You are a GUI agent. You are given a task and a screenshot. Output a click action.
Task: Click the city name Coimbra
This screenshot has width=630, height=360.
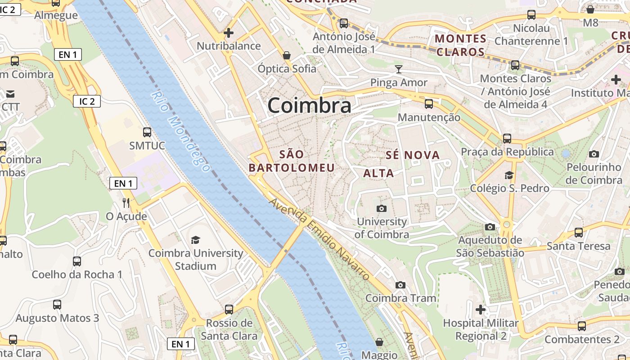point(309,106)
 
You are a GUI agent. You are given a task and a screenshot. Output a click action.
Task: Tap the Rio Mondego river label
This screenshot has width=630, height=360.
point(180,131)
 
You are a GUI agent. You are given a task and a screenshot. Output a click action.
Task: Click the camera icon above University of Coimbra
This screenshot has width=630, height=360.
point(382,208)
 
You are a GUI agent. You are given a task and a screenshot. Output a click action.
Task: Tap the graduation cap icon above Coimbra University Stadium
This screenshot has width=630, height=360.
point(195,240)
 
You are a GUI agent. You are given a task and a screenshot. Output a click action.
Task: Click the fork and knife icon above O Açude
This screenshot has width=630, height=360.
point(126,203)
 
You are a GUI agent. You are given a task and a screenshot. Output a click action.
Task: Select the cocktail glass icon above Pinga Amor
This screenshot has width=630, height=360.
point(399,69)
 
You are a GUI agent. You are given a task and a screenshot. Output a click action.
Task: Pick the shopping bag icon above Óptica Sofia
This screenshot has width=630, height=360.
point(287,55)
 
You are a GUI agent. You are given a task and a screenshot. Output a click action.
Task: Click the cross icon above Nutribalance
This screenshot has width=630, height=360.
point(229,32)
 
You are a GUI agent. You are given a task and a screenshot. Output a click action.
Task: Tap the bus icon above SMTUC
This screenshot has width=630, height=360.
point(147,132)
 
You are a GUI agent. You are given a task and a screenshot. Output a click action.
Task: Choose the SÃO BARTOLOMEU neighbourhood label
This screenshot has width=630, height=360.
point(292,161)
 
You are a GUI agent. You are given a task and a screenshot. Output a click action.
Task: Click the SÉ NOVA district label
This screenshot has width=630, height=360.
point(413,155)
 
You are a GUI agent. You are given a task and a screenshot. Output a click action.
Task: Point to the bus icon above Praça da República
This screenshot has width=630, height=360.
point(507,138)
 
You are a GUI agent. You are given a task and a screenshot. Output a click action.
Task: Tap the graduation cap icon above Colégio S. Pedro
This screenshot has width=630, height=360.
point(509,175)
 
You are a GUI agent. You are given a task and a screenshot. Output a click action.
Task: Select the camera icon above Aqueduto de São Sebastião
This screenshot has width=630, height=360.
point(490,227)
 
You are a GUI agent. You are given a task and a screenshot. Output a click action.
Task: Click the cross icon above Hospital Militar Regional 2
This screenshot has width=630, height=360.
point(481,310)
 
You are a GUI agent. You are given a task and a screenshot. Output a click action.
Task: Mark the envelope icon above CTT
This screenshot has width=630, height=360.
point(10,94)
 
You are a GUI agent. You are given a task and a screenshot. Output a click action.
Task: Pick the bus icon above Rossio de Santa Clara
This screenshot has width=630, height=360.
point(229,310)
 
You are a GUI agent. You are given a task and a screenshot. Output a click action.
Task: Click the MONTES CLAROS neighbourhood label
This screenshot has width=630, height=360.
point(460,45)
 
